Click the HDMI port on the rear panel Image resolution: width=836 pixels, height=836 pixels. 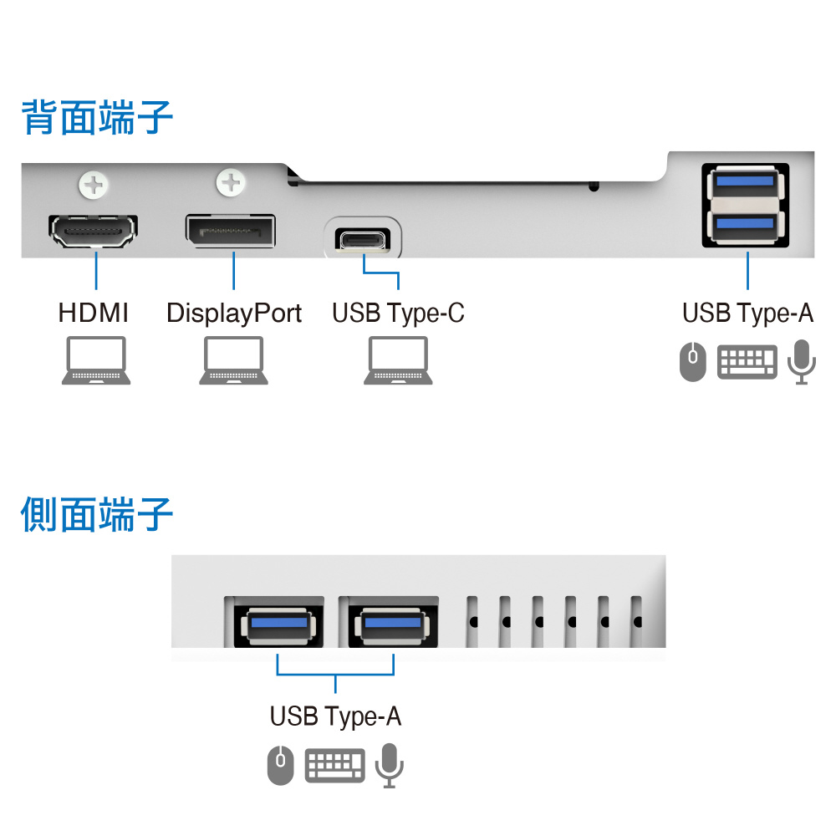tap(94, 231)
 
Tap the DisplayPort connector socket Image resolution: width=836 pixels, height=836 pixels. tap(231, 231)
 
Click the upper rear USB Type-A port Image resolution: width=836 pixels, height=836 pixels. tap(746, 181)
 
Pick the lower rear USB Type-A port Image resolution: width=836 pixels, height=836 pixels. tap(746, 223)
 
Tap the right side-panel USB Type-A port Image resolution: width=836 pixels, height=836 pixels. tap(390, 624)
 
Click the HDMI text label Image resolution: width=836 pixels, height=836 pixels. tap(94, 313)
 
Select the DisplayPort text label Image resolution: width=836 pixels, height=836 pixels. tap(234, 314)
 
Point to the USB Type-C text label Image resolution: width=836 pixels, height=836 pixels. tap(398, 313)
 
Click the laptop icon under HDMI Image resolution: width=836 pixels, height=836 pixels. tap(96, 360)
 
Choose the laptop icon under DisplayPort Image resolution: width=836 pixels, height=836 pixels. tap(234, 360)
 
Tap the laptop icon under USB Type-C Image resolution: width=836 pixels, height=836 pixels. tap(398, 360)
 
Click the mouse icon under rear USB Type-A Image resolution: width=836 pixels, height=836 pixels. tap(692, 362)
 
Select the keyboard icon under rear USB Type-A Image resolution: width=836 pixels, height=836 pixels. tap(747, 362)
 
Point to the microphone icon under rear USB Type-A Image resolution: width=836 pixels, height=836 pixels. tap(802, 362)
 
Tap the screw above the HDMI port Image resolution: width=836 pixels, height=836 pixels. tap(94, 183)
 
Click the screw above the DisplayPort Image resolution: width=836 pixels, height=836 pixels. tap(231, 182)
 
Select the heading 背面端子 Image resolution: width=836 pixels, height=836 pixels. tap(98, 117)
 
